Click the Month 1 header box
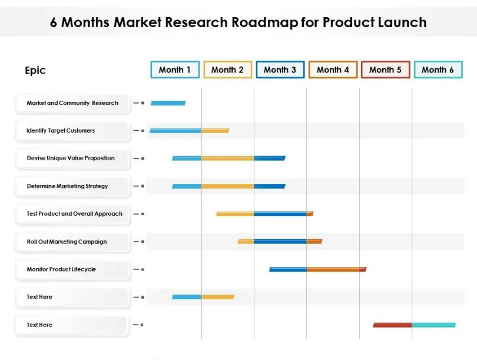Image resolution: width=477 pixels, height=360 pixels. (x=175, y=70)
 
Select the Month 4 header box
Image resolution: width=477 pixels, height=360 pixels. (x=333, y=70)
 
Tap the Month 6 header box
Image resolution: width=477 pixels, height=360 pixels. (x=438, y=70)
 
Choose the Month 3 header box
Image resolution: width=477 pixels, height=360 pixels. (x=280, y=70)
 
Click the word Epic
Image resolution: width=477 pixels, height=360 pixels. (x=35, y=70)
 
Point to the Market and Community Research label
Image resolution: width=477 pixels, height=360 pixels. (x=72, y=103)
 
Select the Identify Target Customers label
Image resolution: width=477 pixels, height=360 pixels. (x=61, y=131)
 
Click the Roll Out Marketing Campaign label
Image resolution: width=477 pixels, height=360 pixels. (x=67, y=242)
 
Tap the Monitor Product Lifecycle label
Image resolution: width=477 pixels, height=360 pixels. (x=61, y=269)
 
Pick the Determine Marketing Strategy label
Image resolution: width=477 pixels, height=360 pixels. (x=67, y=186)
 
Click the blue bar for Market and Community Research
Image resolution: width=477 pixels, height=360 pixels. (x=168, y=103)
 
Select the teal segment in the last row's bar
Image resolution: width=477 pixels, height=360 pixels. (x=434, y=325)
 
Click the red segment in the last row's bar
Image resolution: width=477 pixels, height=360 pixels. (x=392, y=325)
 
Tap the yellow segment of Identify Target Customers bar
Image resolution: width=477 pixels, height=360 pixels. (x=215, y=131)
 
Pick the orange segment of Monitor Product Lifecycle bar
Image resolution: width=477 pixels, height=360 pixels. (x=333, y=269)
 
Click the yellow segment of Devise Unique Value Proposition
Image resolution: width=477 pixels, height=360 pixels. (x=227, y=158)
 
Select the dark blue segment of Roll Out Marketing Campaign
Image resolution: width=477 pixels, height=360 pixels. (x=280, y=242)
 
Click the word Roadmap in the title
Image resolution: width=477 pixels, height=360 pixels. (x=264, y=22)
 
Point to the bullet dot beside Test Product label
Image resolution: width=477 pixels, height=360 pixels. (x=143, y=214)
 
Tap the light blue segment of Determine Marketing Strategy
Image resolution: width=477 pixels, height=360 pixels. (x=187, y=186)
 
